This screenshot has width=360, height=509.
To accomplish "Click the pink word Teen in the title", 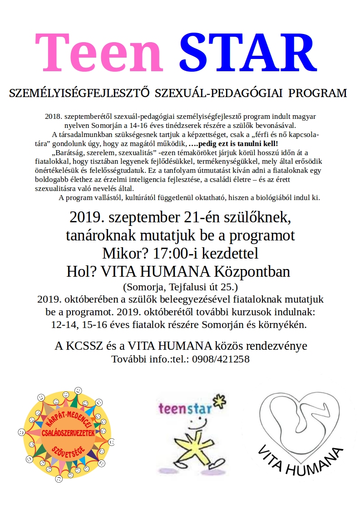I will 99,51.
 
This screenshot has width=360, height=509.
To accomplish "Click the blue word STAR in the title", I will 247,51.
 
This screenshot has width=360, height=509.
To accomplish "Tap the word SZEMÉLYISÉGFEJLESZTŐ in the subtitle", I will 79,94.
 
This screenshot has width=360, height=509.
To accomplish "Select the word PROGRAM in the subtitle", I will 318,94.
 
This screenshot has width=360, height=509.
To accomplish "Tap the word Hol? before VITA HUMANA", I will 82,272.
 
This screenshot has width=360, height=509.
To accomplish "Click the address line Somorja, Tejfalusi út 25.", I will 180,287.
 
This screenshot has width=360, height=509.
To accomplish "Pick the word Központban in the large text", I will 253,272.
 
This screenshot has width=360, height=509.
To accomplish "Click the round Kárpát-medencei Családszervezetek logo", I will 67,433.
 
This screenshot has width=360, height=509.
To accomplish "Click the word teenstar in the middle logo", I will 185,408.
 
